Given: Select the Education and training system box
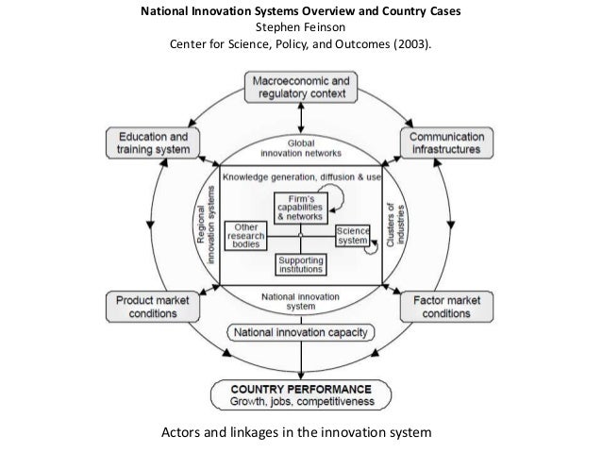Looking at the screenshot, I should point(152,142).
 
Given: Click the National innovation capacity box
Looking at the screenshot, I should point(301,333).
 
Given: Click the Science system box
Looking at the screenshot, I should point(351,236).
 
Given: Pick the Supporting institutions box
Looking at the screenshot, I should point(301,264).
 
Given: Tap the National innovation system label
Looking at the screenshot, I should point(301,300).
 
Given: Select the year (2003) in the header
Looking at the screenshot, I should point(413,43).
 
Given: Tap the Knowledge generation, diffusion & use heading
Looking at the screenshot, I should point(301,177).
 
